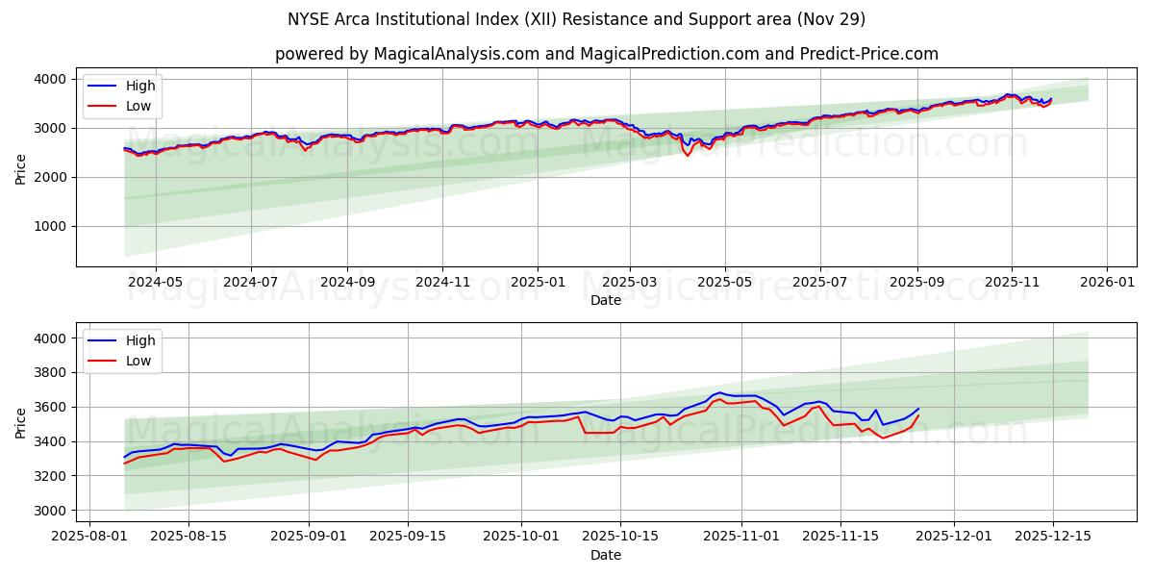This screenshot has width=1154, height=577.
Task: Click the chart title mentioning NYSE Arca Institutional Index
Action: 576,19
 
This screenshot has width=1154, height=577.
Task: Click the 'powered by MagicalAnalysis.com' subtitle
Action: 606,54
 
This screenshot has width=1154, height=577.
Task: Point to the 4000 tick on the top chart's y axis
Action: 50,79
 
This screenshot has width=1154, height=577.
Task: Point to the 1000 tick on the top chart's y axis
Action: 50,227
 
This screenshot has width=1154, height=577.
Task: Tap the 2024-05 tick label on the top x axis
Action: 155,283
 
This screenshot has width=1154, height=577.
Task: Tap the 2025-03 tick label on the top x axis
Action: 630,283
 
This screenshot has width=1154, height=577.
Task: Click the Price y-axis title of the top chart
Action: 21,167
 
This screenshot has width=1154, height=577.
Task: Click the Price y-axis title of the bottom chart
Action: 21,421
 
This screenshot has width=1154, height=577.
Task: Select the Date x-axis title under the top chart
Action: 606,300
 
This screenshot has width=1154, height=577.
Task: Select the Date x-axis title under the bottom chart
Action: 606,555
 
